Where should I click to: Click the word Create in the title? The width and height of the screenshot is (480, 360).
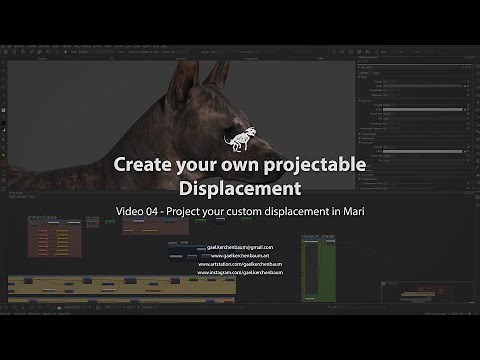[x=170, y=163]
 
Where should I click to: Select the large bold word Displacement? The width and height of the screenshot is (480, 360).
[x=240, y=187]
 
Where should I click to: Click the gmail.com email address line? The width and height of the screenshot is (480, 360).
[x=240, y=246]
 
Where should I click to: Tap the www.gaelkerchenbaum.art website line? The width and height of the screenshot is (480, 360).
[x=240, y=256]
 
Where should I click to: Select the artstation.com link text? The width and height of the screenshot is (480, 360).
[x=240, y=265]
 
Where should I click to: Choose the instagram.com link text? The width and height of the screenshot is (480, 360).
[x=240, y=274]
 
